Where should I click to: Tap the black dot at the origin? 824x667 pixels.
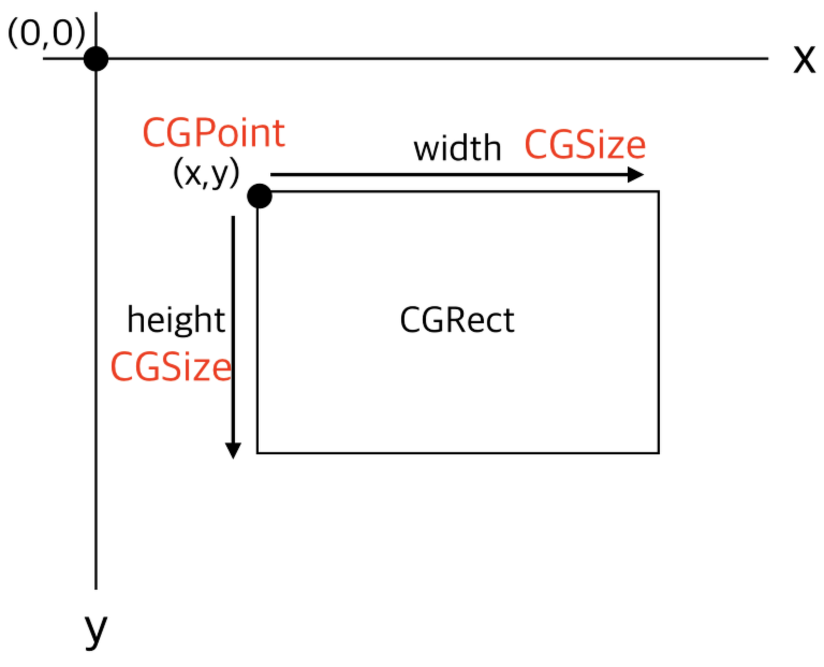pyautogui.click(x=96, y=59)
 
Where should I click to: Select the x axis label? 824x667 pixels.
pyautogui.click(x=804, y=60)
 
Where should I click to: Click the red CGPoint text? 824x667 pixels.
pyautogui.click(x=214, y=133)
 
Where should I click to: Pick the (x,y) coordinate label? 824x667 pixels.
pyautogui.click(x=206, y=173)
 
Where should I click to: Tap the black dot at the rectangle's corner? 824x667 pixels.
pyautogui.click(x=260, y=196)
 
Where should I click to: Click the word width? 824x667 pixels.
pyautogui.click(x=457, y=148)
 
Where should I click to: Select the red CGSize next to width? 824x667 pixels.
pyautogui.click(x=585, y=144)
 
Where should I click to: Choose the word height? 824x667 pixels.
pyautogui.click(x=176, y=320)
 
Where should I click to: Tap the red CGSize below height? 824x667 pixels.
pyautogui.click(x=171, y=367)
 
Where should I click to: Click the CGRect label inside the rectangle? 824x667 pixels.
pyautogui.click(x=457, y=320)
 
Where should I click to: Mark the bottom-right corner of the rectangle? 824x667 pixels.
pyautogui.click(x=659, y=452)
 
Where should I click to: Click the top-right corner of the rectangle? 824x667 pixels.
pyautogui.click(x=659, y=191)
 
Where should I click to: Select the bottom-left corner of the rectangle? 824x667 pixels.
pyautogui.click(x=257, y=452)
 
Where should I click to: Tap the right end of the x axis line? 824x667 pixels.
pyautogui.click(x=768, y=59)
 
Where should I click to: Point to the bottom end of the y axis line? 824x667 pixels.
pyautogui.click(x=96, y=590)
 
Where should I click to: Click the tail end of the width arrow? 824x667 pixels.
pyautogui.click(x=271, y=175)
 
